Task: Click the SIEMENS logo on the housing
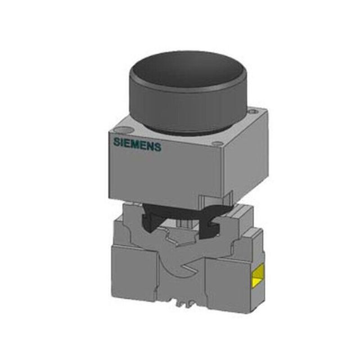137,145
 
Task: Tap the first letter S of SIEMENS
116,142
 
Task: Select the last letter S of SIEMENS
158,147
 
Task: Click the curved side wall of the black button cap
187,108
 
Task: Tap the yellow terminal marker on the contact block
258,275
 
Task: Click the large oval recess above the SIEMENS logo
123,130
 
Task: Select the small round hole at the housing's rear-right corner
253,111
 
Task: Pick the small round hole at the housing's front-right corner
217,144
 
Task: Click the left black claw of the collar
150,220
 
